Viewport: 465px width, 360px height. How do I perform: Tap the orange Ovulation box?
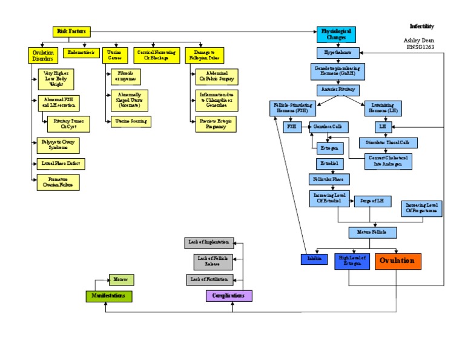point(398,261)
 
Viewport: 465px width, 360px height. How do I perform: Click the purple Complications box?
point(229,296)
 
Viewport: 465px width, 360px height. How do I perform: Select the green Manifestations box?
point(108,296)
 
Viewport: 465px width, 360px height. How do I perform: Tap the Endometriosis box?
point(81,53)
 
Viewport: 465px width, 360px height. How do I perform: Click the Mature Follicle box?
point(372,232)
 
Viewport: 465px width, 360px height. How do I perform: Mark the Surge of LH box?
point(372,201)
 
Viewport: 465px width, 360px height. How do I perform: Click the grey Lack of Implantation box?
point(208,242)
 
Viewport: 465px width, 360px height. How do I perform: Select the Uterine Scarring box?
point(129,121)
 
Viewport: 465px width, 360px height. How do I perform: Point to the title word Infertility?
point(421,27)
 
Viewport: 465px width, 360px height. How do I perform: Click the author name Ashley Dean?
point(420,40)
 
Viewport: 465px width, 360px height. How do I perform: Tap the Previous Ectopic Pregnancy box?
point(216,124)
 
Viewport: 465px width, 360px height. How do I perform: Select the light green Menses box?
point(120,279)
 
